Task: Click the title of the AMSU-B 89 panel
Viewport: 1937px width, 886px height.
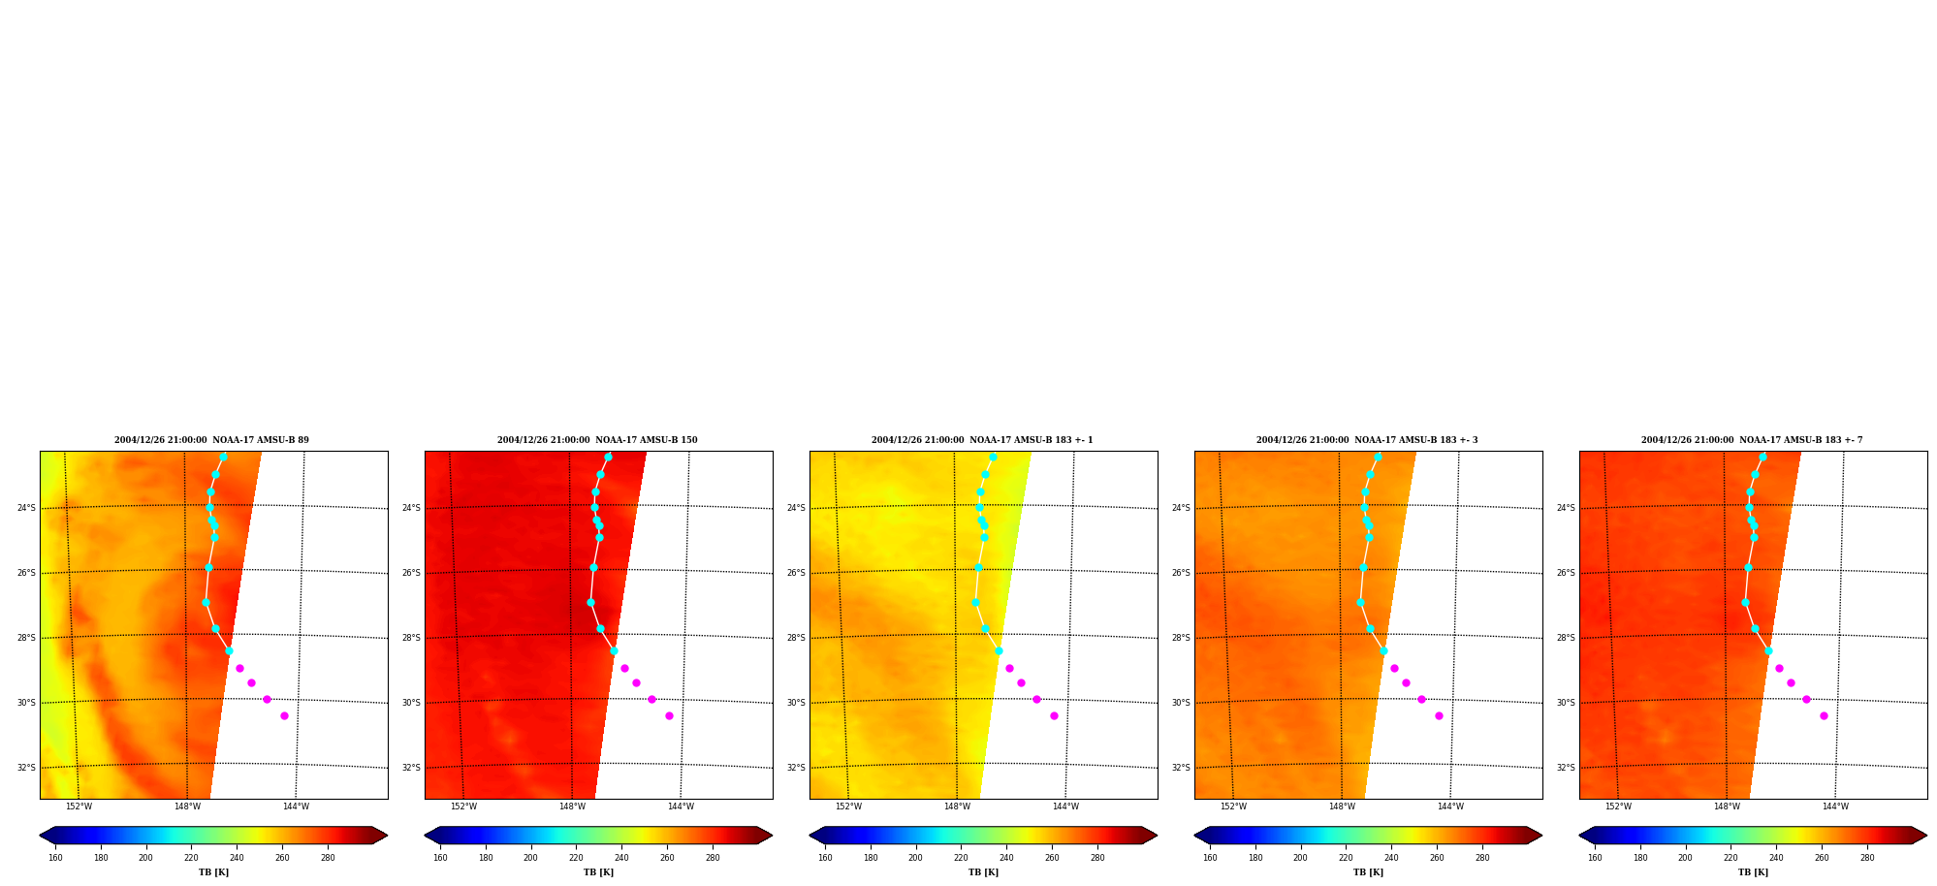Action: pos(211,440)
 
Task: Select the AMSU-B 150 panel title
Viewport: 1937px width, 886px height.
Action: pos(597,440)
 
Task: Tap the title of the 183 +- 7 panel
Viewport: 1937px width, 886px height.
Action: pos(1752,440)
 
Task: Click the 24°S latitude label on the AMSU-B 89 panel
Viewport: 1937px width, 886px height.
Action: pos(26,508)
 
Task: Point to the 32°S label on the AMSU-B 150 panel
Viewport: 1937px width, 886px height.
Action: pos(411,768)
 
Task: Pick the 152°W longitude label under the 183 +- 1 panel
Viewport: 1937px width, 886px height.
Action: pos(848,807)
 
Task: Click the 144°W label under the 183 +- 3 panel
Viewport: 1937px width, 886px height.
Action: pos(1450,807)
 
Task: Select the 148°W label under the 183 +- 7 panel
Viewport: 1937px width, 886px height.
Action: pos(1727,807)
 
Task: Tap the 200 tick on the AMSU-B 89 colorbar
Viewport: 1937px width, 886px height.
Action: pos(145,858)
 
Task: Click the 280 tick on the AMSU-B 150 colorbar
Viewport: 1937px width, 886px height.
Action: pos(713,858)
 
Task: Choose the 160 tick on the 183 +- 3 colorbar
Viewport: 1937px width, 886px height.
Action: pos(1210,858)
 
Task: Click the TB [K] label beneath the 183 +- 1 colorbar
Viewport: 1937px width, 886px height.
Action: pos(983,872)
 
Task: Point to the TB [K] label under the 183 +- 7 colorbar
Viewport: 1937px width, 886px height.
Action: pos(1753,872)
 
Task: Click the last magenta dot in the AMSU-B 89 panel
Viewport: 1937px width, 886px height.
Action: pos(284,715)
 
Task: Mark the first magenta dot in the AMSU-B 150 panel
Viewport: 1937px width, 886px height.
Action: pos(624,668)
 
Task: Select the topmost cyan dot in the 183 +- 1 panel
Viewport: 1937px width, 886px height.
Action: pos(993,457)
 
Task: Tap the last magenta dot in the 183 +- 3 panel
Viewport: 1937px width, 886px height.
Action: pos(1439,715)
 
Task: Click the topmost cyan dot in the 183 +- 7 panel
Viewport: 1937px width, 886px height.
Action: pos(1762,457)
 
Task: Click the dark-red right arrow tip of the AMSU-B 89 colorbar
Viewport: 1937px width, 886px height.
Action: pos(387,836)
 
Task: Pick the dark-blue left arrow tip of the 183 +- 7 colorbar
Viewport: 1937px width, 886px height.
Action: pos(1579,836)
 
